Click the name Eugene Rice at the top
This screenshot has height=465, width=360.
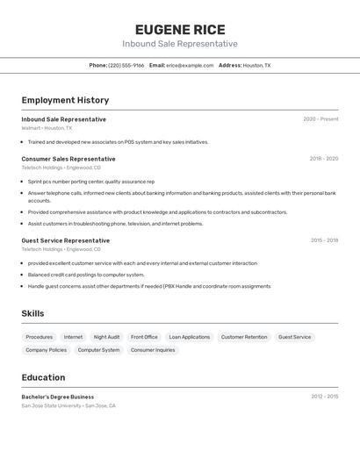point(180,29)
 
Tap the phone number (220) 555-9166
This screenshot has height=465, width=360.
point(126,65)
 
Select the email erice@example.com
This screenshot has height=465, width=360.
point(190,65)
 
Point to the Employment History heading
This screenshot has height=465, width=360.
point(65,100)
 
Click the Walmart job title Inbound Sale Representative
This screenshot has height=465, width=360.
point(63,119)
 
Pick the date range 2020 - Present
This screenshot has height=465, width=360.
point(320,119)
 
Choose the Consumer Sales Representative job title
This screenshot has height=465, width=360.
point(68,159)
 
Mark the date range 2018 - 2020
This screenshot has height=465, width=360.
point(323,159)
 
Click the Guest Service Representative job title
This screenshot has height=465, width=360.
point(66,240)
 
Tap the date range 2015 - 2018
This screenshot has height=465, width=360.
point(324,240)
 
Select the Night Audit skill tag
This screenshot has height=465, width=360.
point(106,337)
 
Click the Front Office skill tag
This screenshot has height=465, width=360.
point(144,337)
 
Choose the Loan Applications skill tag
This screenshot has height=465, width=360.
point(190,337)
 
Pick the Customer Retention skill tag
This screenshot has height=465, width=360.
point(244,337)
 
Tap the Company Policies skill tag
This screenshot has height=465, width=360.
point(46,350)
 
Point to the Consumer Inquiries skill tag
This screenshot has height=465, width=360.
point(153,350)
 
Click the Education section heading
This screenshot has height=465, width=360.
point(43,377)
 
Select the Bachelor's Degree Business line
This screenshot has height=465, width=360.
point(57,397)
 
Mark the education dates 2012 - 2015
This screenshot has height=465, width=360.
point(324,397)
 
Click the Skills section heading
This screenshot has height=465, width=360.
point(32,313)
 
